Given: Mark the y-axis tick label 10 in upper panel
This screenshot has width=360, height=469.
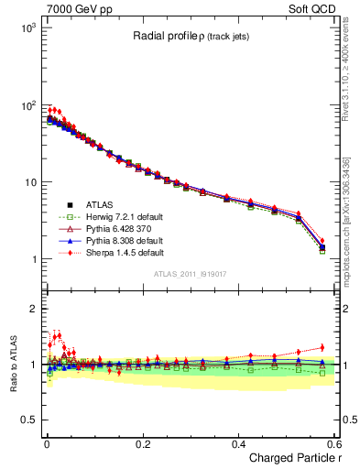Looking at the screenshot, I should (29, 182).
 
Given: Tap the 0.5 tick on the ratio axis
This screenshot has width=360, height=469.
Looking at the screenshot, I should (27, 420).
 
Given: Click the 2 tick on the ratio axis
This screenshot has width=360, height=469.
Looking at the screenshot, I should (32, 309).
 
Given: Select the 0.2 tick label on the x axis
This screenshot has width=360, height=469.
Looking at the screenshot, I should (142, 443).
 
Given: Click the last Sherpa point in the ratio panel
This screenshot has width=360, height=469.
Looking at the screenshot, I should (322, 347).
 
